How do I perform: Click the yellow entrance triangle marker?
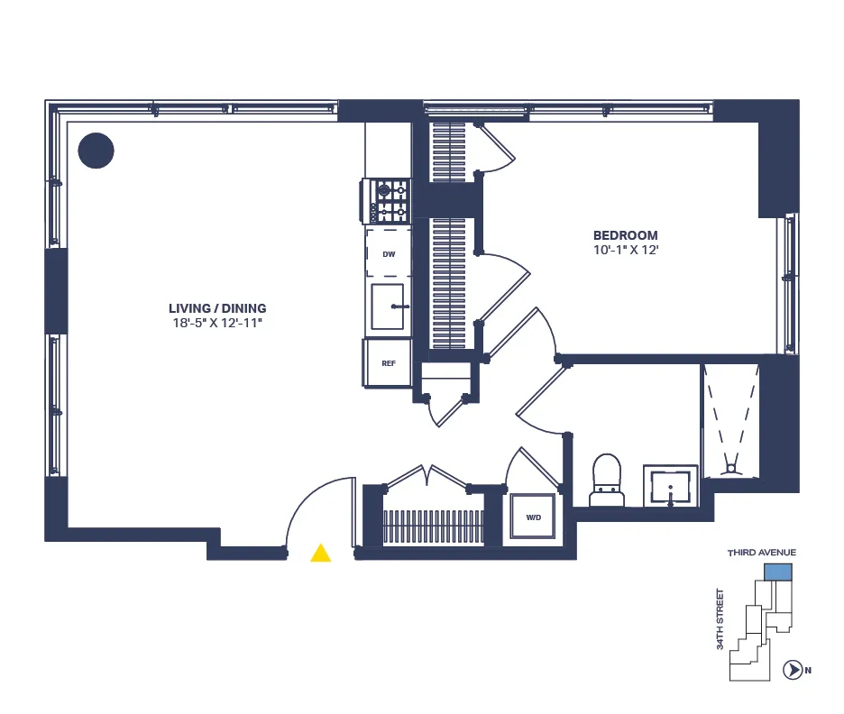point(320,554)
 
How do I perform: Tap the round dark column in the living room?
point(96,151)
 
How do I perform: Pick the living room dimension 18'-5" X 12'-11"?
point(222,323)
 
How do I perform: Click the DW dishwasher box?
point(389,254)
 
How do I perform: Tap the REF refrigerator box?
point(389,363)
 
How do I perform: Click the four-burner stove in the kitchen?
point(388,201)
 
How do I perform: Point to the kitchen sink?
point(389,307)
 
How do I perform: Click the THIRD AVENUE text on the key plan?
point(762,553)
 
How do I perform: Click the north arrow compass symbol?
point(793,670)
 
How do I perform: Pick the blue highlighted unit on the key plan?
point(777,572)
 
